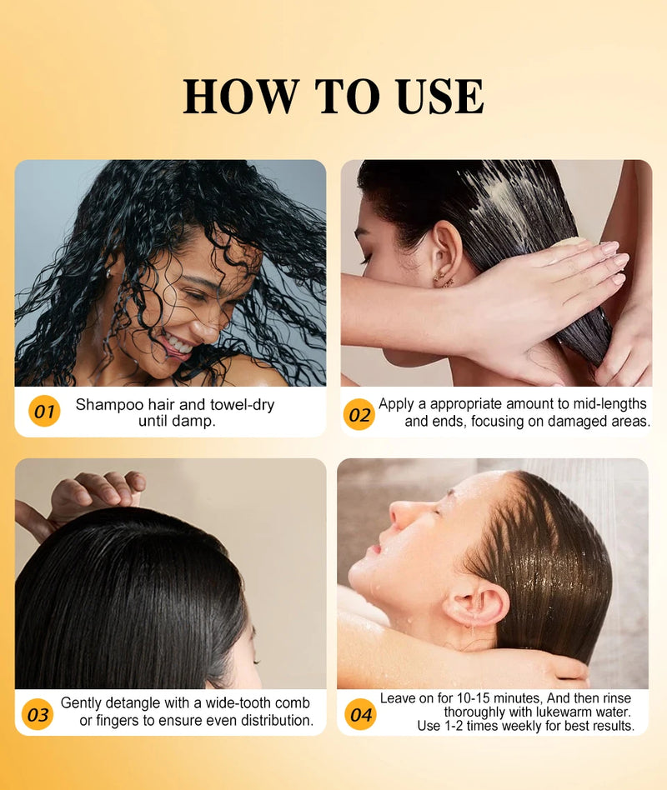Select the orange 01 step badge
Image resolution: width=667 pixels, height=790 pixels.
point(44,412)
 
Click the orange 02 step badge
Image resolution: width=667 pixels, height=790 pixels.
point(359,414)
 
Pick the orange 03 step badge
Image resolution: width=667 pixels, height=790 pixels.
point(38,714)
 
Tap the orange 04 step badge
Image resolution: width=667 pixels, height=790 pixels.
point(360,714)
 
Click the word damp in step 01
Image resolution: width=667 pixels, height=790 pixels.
point(194,422)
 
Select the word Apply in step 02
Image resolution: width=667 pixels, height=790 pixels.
point(396,404)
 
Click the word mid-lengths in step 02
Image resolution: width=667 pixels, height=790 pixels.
point(607,404)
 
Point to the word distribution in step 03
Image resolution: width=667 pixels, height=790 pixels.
point(273,720)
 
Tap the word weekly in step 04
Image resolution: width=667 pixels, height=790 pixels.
point(525,727)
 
